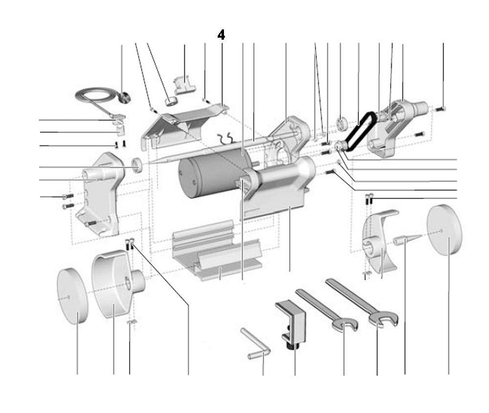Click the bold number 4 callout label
click(221, 35)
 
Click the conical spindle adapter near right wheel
click(406, 240)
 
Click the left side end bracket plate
click(100, 193)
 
